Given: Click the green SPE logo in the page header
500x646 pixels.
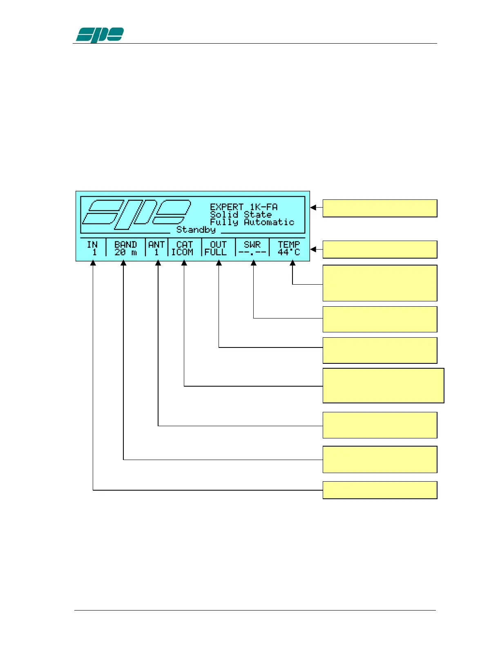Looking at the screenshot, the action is click(100, 35).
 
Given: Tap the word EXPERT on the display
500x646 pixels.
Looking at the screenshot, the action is click(227, 207).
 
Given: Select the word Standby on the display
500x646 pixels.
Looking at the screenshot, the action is click(196, 230).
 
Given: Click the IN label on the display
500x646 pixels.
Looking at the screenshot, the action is click(92, 244).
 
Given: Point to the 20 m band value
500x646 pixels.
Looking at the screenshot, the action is click(125, 252).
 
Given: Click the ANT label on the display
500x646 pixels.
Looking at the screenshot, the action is click(156, 244).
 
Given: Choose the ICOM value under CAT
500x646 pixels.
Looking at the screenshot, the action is click(182, 252).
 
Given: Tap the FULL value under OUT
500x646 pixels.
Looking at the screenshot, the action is click(215, 252).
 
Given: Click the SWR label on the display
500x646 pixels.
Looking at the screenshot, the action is click(252, 244).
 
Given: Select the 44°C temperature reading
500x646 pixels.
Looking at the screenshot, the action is click(289, 252).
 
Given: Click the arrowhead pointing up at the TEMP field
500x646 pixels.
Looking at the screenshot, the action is click(292, 263).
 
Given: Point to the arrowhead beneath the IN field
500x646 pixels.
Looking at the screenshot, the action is click(93, 263).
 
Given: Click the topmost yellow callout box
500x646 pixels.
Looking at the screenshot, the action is click(380, 208).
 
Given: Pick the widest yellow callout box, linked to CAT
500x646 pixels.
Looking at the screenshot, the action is click(383, 385).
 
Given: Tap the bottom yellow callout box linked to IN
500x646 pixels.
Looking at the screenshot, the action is click(380, 490).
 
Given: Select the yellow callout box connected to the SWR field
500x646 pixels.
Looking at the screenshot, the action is click(380, 319).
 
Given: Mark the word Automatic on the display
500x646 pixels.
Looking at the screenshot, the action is click(269, 222).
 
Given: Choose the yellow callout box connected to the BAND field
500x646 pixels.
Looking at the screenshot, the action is click(380, 459).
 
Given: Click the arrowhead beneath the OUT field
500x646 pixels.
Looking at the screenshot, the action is click(219, 263).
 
